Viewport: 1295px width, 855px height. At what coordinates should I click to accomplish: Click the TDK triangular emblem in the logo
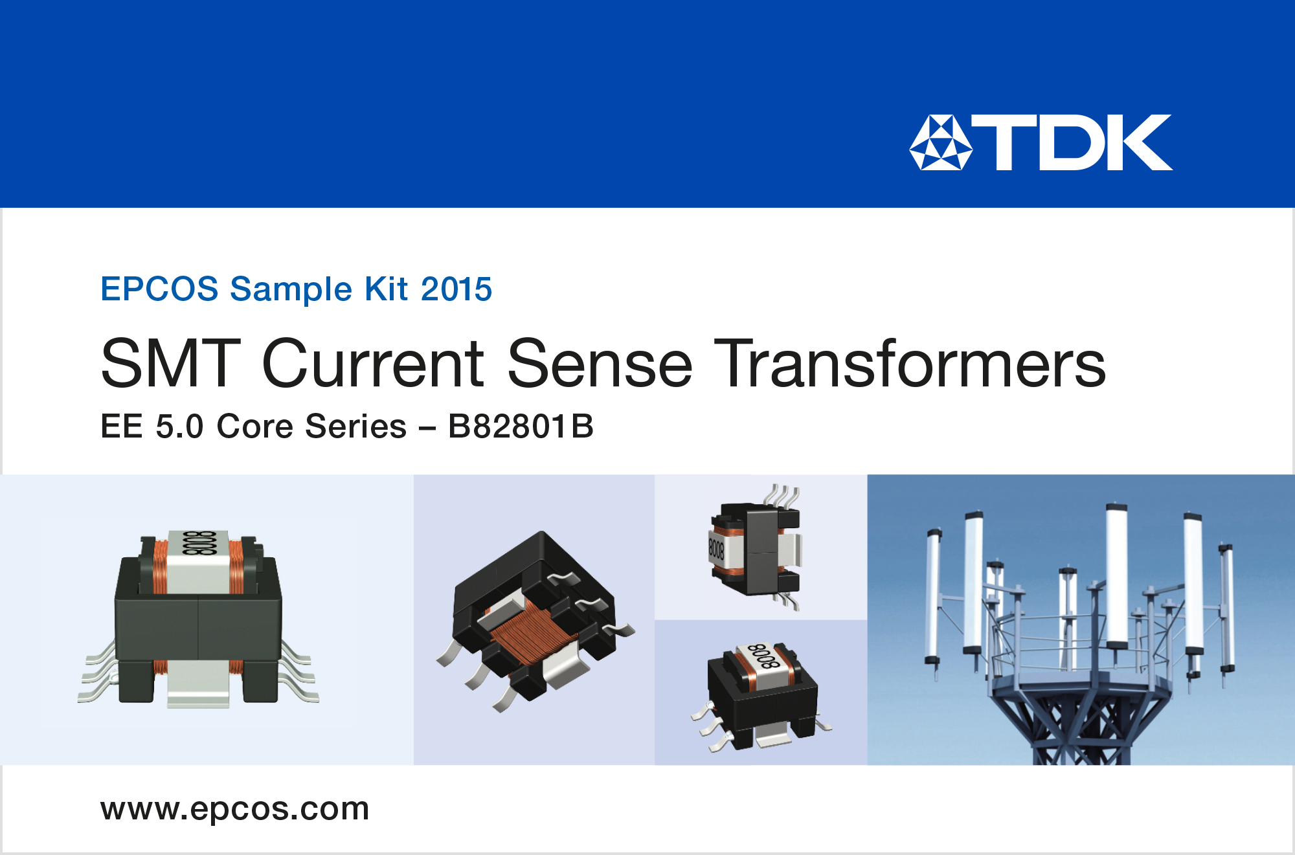coord(941,143)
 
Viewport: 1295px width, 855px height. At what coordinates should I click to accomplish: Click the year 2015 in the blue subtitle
coord(456,289)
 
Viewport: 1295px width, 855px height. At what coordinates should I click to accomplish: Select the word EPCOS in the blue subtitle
coord(159,289)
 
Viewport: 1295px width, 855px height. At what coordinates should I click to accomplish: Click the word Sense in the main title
coord(600,364)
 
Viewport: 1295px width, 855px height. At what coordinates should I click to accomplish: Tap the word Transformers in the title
coord(913,364)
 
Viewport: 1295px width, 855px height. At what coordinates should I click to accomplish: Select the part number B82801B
coord(521,427)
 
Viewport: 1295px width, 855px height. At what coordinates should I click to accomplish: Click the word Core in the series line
coord(255,427)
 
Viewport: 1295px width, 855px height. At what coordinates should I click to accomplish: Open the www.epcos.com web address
coord(234,809)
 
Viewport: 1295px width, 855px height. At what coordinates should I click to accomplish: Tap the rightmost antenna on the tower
coord(1226,612)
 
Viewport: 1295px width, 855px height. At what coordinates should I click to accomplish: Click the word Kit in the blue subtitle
coord(387,289)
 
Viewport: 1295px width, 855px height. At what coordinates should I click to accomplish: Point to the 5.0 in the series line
coord(179,427)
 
